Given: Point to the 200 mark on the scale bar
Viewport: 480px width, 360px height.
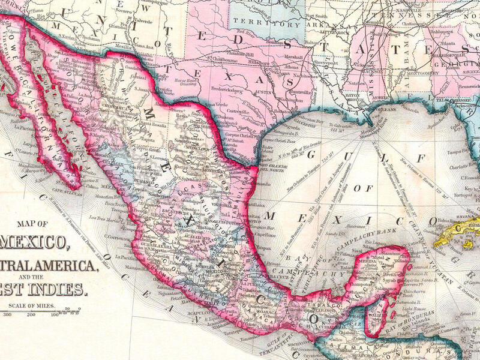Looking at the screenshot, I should tap(33, 313).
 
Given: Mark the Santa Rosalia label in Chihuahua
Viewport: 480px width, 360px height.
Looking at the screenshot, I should tap(157, 119).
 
